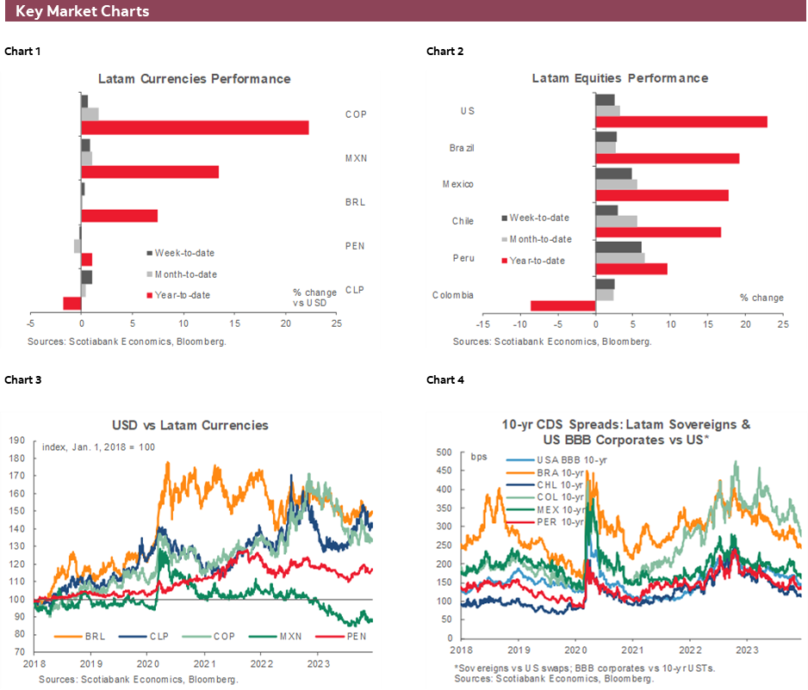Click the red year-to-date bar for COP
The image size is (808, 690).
click(x=195, y=127)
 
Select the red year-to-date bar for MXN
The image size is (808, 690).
click(x=150, y=171)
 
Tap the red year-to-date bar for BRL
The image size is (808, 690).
click(x=119, y=215)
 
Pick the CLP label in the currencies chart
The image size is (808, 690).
click(x=355, y=290)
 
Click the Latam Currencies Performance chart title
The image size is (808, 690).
click(x=194, y=79)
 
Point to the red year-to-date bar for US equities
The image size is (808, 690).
click(x=681, y=121)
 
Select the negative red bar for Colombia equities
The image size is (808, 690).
click(x=562, y=305)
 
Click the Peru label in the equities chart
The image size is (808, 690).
click(x=463, y=257)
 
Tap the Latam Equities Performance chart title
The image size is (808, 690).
click(x=619, y=78)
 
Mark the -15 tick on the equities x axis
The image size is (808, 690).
click(x=483, y=324)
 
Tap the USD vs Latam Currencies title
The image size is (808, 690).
click(x=190, y=425)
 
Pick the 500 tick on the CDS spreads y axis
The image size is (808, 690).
click(x=444, y=452)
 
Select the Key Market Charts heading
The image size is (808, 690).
click(x=83, y=11)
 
